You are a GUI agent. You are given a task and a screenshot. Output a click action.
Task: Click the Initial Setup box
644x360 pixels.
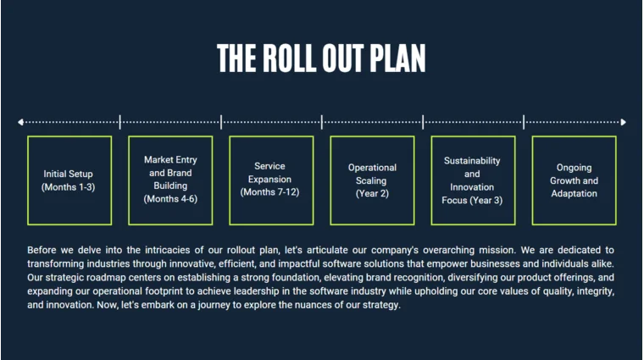point(69,180)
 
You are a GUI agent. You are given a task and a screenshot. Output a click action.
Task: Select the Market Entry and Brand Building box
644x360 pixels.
point(169,180)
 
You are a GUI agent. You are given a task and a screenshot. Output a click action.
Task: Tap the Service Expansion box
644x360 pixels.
point(270,180)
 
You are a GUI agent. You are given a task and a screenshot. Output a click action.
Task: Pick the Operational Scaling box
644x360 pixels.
point(371,180)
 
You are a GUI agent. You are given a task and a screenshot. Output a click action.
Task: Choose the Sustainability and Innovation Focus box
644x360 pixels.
point(472,180)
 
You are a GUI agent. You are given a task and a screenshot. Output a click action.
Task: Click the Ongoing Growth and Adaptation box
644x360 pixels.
point(574,180)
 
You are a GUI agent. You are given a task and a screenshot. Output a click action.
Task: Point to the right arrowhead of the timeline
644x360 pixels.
point(623,122)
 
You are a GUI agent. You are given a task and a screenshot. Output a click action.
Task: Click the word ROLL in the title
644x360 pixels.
point(300,58)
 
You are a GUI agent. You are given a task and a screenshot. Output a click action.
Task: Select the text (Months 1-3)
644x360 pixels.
point(69,187)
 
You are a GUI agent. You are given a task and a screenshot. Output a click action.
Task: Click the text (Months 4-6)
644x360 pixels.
point(169,200)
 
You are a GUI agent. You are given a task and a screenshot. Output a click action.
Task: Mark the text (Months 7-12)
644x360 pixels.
point(269,192)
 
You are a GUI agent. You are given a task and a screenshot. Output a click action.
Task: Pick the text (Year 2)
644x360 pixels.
point(372,193)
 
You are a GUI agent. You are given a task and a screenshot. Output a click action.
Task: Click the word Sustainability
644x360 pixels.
point(472,161)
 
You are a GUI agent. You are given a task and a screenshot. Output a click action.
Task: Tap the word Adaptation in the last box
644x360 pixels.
point(574,193)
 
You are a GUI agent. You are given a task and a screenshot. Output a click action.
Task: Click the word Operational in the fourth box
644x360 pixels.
point(372,168)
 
